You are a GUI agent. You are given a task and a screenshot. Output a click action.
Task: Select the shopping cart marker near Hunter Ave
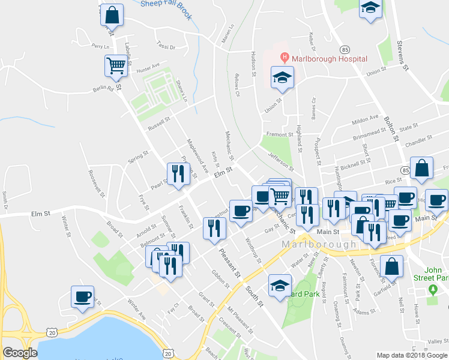pos(116,65)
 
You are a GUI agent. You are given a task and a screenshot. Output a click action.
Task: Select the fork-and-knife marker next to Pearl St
pos(177,174)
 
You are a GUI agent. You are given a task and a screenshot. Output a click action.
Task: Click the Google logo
pos(20,353)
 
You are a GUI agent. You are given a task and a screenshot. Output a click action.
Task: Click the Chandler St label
pos(418,142)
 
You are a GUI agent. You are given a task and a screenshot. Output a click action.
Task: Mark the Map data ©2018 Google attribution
pos(412,355)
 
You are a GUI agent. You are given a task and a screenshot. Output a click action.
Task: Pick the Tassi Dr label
pos(165,46)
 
